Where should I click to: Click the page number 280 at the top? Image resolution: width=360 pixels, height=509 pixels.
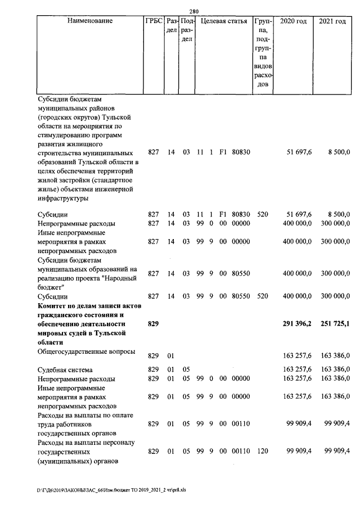(x=193, y=10)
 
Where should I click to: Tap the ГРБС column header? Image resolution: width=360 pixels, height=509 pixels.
(x=153, y=21)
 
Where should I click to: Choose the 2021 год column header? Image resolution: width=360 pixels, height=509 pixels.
(x=332, y=21)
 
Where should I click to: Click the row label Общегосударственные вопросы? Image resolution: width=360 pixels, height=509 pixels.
(x=86, y=352)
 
